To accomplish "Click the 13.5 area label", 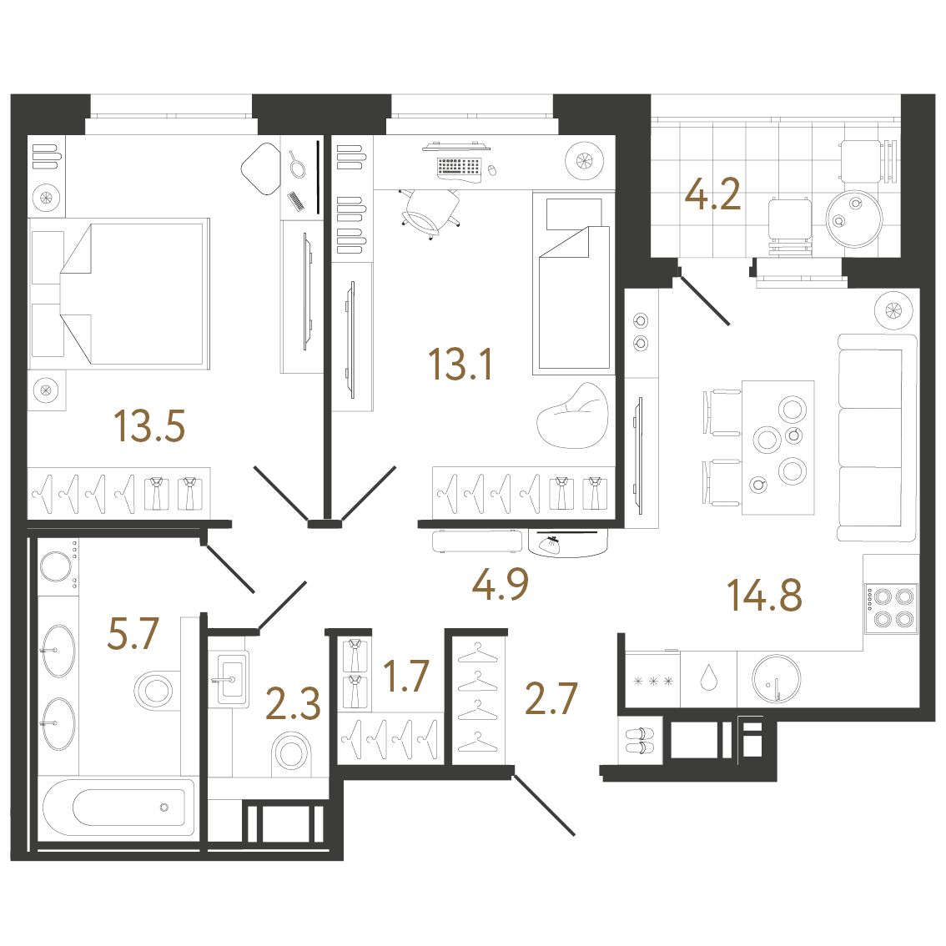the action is pyautogui.click(x=149, y=426).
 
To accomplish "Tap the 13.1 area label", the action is pyautogui.click(x=460, y=365).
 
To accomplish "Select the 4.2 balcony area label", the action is pyautogui.click(x=712, y=194).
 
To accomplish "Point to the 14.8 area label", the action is pyautogui.click(x=764, y=595).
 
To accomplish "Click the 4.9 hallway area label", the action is pyautogui.click(x=501, y=584).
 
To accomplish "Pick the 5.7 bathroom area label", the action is pyautogui.click(x=133, y=633).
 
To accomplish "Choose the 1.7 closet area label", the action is pyautogui.click(x=406, y=676).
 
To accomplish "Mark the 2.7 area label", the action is pyautogui.click(x=551, y=698).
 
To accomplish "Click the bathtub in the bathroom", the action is pyautogui.click(x=118, y=808).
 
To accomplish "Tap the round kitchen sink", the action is pyautogui.click(x=777, y=679).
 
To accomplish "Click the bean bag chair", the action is pyautogui.click(x=572, y=415).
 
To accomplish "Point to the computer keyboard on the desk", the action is pyautogui.click(x=459, y=167).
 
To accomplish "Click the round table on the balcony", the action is pyautogui.click(x=853, y=219).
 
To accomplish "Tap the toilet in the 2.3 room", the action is pyautogui.click(x=292, y=753).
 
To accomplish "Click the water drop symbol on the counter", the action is pyautogui.click(x=709, y=679).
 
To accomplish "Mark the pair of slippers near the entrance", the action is pyautogui.click(x=640, y=740).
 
